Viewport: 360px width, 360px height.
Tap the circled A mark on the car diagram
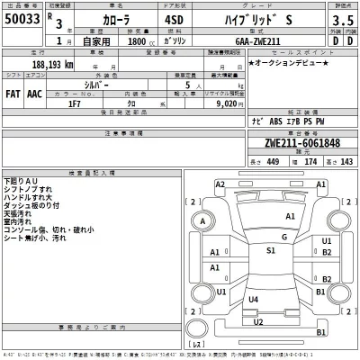point(205,221)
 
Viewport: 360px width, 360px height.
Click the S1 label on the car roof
point(270,250)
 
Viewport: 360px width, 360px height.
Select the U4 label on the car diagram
point(254,299)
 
